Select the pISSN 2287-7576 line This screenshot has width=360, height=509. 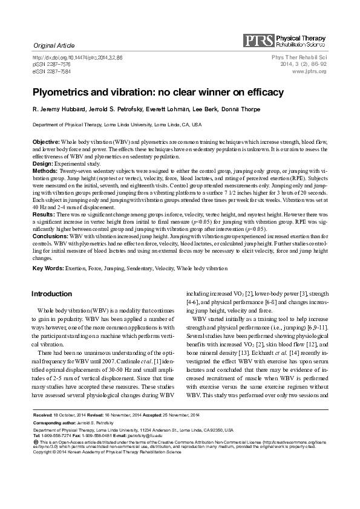(53, 64)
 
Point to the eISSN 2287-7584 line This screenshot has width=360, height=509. (53, 71)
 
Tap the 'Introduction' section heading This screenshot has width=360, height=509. (51, 294)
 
